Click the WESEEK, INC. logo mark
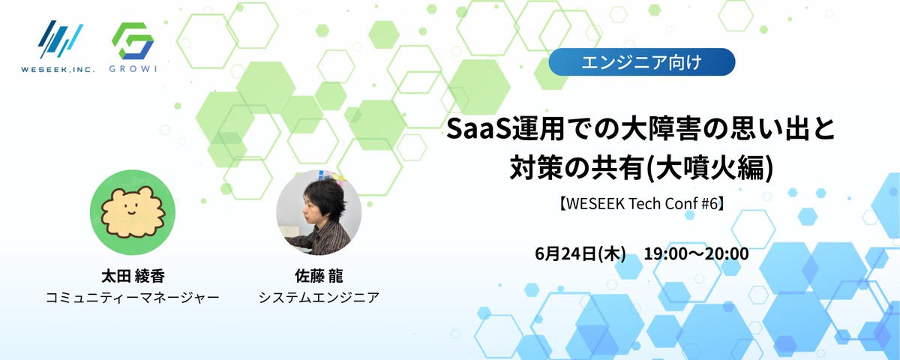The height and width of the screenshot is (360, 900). click(60, 39)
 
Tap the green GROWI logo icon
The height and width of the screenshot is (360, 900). click(133, 41)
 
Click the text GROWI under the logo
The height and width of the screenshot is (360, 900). click(133, 69)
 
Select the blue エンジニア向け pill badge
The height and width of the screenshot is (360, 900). click(642, 61)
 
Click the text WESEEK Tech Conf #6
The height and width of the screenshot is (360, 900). click(642, 204)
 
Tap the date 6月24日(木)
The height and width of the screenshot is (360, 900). click(580, 254)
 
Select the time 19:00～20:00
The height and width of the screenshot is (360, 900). click(696, 254)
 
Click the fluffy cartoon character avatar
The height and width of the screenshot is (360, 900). click(133, 212)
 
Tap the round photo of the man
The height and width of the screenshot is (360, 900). click(319, 212)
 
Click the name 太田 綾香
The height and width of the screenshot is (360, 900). click(133, 276)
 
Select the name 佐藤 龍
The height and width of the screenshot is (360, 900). click(319, 276)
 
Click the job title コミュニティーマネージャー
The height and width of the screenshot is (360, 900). click(133, 298)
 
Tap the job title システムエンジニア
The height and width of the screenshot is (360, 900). click(319, 298)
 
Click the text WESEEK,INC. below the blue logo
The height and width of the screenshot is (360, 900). click(58, 69)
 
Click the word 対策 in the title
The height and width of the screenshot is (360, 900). click(533, 168)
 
